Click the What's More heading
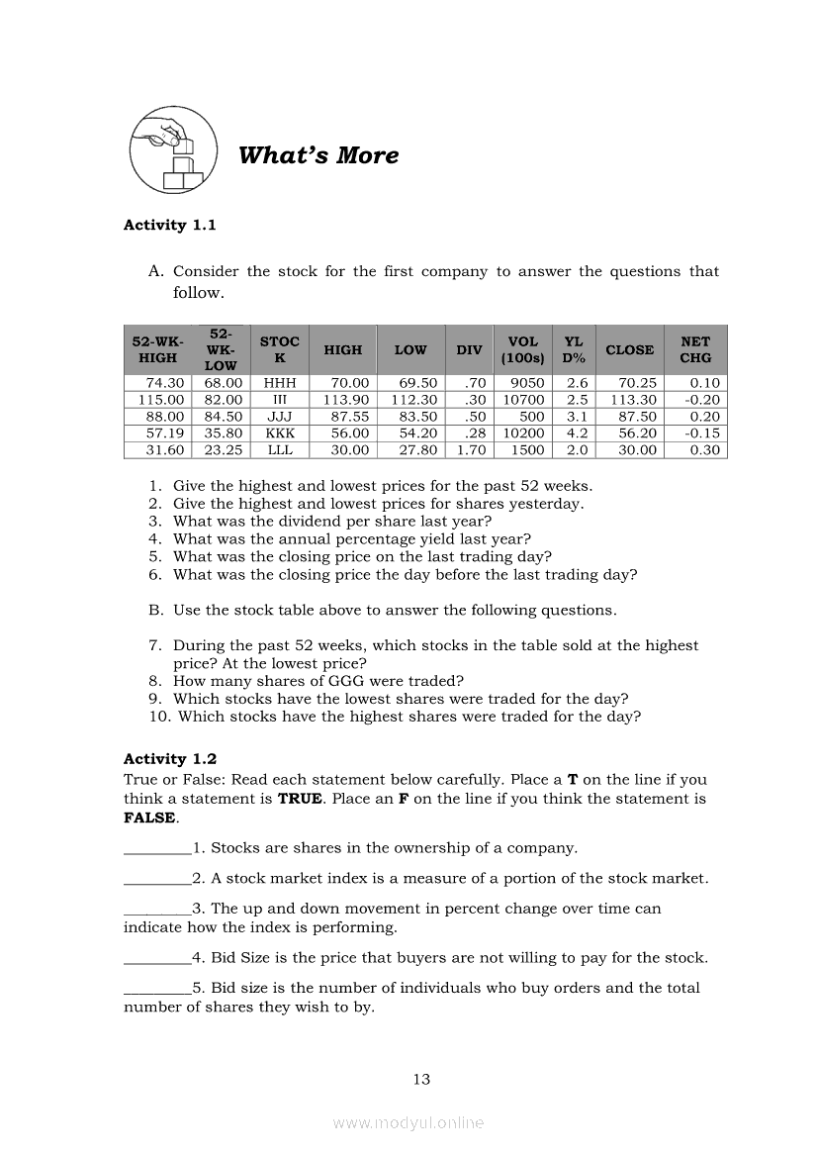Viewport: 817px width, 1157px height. [318, 155]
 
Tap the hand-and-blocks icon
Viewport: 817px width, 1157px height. [174, 151]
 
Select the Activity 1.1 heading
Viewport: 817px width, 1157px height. [169, 225]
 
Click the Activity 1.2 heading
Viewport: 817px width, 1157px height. [169, 759]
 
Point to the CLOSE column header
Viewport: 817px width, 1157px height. [629, 349]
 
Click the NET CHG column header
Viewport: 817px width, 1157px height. [695, 349]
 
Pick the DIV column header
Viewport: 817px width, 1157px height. [469, 349]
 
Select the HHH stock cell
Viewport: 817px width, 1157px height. [280, 383]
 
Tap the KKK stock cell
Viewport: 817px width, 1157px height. [280, 434]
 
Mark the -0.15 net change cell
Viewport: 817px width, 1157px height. [702, 434]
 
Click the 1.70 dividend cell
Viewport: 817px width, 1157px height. [468, 450]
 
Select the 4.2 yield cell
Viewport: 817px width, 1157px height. [577, 434]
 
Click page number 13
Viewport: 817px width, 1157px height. [421, 1080]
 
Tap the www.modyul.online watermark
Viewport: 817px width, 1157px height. [408, 1122]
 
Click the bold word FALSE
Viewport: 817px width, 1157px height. [149, 819]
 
